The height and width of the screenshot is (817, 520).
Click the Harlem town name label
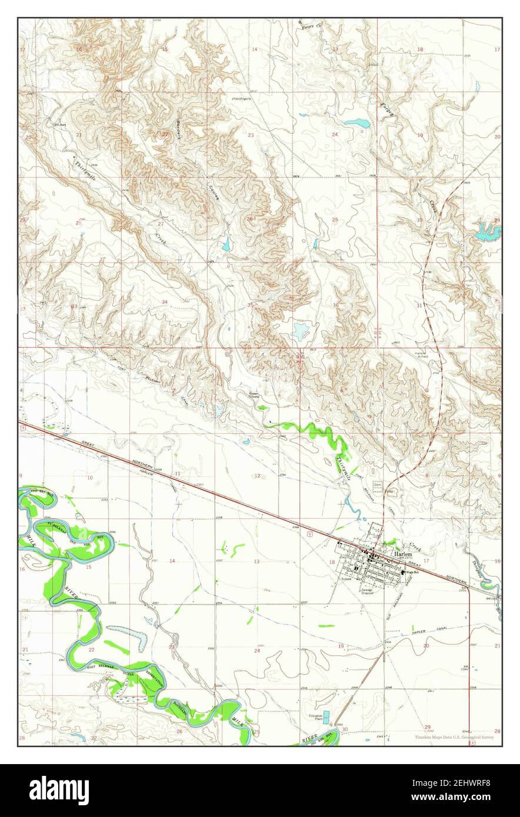(x=404, y=554)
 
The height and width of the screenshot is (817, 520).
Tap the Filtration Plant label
(x=315, y=717)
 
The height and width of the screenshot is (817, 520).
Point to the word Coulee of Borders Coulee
(x=213, y=193)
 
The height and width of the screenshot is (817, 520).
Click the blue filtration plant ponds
(x=326, y=717)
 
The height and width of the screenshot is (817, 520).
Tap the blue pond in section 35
(x=301, y=331)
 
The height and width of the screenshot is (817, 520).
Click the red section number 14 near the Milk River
(x=172, y=561)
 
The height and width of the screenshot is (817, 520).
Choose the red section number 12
(x=257, y=476)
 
